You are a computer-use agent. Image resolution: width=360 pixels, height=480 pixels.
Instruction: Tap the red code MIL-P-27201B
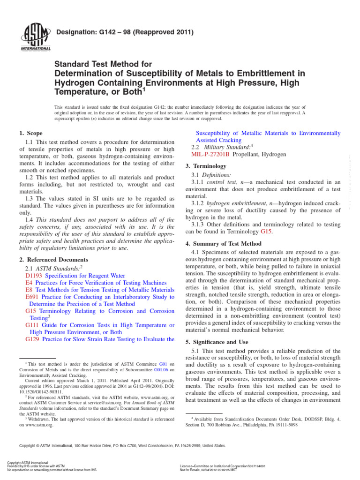(x=210, y=154)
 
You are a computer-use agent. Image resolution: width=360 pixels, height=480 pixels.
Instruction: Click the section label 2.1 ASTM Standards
(x=53, y=269)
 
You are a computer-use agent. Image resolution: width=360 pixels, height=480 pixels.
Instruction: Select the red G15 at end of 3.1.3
(x=266, y=231)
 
